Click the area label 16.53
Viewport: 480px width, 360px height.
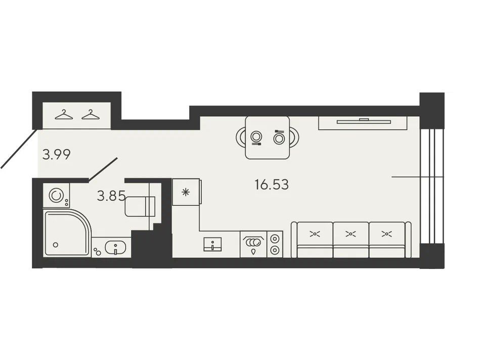[x=272, y=185]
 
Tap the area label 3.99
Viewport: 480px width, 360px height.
[x=57, y=154]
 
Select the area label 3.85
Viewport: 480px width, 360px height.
[x=111, y=196]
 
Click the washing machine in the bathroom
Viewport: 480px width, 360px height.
[x=56, y=196]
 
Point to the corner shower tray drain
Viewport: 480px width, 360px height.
[x=56, y=245]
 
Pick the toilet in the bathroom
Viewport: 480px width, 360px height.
[x=140, y=206]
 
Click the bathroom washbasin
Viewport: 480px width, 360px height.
[x=115, y=247]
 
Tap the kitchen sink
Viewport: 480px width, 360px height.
[x=212, y=244]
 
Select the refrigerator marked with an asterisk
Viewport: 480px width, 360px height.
[x=186, y=192]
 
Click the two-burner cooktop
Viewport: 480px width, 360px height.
[x=275, y=244]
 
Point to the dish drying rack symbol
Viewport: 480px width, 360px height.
[x=253, y=242]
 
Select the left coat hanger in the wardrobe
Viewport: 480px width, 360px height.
[x=64, y=114]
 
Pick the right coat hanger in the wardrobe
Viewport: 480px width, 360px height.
[x=91, y=114]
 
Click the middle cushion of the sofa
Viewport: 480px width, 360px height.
[x=351, y=234]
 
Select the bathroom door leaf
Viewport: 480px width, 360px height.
[x=103, y=169]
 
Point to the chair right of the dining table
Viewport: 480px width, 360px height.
[x=294, y=137]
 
